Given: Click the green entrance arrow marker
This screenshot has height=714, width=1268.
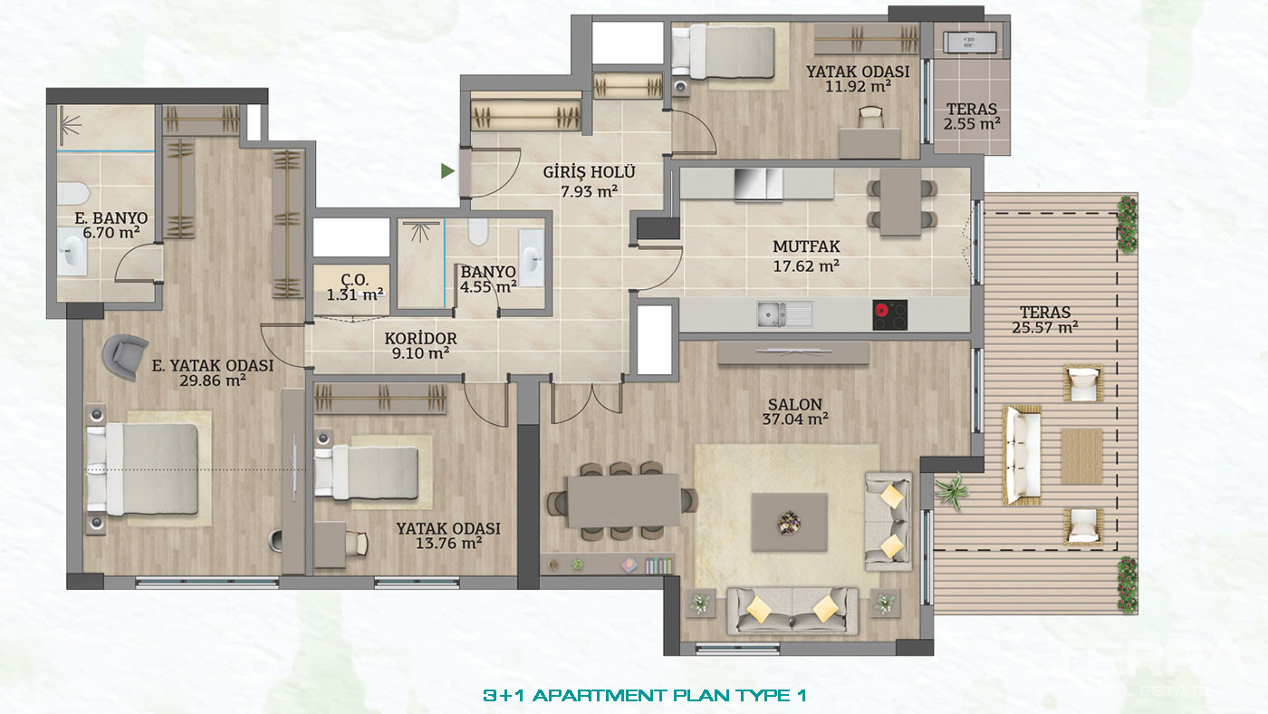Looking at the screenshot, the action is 447,170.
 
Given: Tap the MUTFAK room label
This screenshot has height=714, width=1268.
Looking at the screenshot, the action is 806,246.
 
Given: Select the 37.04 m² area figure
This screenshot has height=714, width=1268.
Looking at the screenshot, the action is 795,420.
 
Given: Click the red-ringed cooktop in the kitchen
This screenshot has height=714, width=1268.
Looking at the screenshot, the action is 889,314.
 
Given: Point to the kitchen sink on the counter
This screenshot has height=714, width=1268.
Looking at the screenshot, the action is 784,314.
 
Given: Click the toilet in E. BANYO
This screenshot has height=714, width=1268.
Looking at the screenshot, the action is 73,194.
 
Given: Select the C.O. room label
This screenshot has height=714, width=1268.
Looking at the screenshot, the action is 355,280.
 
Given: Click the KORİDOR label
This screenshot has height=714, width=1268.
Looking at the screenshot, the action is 420,339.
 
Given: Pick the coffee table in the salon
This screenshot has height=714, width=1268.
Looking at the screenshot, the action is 789,522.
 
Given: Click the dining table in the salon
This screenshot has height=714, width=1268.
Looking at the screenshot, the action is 624,500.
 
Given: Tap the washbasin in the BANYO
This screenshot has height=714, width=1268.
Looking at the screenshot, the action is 532,258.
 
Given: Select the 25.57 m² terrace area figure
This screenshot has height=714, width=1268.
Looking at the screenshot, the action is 1045,327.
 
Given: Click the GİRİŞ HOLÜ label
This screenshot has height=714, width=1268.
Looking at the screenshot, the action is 589,172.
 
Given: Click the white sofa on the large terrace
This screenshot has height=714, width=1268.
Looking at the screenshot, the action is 1023,455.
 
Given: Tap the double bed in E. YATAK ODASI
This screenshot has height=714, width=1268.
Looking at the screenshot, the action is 142,469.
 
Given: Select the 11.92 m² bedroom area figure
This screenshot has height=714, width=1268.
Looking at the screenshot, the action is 859,87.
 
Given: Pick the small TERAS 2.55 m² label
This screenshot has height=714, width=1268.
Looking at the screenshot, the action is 971,116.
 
